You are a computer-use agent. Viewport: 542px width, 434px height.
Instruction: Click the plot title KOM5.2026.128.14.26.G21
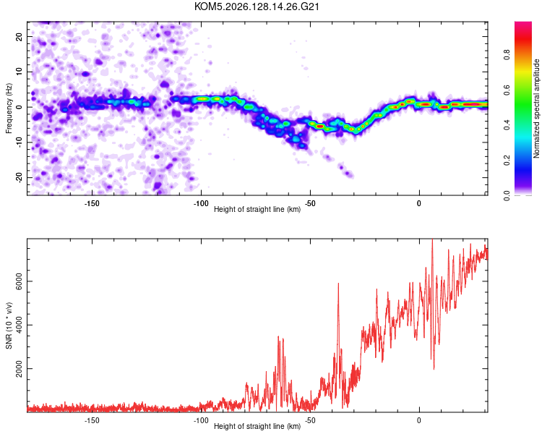(x=257, y=7)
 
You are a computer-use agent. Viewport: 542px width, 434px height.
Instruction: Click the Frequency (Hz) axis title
(x=9, y=109)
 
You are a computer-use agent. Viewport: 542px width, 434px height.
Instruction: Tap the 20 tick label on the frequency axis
(x=19, y=37)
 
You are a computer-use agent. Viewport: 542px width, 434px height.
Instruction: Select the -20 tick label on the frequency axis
(x=19, y=178)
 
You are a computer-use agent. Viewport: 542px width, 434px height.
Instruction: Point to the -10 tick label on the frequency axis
(x=19, y=142)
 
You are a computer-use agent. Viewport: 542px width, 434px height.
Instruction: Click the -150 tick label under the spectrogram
(x=92, y=203)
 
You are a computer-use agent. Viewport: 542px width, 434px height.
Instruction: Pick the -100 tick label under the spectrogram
(x=201, y=203)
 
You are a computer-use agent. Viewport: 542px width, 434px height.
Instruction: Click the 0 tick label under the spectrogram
(x=419, y=203)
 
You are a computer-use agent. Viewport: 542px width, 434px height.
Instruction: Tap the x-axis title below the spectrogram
(x=257, y=209)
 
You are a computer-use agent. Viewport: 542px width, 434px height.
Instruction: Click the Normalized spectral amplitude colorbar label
(x=536, y=109)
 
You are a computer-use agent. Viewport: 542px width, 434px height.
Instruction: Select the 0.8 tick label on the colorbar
(x=507, y=55)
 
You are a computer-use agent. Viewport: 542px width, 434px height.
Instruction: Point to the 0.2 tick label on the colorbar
(x=507, y=161)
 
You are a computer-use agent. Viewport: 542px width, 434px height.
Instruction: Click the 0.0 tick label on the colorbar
(x=507, y=195)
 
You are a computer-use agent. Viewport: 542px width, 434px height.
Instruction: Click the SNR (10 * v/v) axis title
(x=9, y=325)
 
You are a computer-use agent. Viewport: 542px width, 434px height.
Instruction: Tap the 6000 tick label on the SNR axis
(x=19, y=281)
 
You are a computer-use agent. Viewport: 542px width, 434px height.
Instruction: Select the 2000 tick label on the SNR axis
(x=19, y=369)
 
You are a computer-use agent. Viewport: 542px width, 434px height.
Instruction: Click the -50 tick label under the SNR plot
(x=310, y=420)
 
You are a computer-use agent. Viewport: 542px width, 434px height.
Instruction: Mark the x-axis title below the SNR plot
(x=257, y=426)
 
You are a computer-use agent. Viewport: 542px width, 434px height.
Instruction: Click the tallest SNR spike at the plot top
(x=432, y=240)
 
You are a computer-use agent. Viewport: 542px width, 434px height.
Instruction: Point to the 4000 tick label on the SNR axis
(x=19, y=325)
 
